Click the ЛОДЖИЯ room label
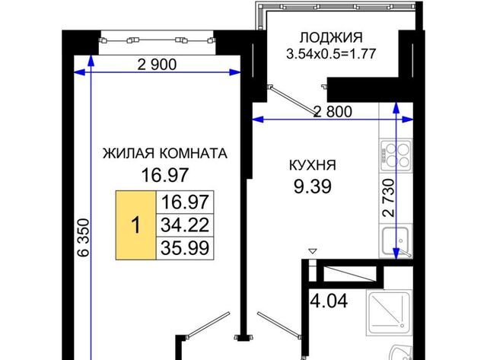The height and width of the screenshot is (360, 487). click(331, 37)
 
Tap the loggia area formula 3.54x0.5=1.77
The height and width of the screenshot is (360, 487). click(331, 53)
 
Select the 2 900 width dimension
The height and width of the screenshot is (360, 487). click(157, 64)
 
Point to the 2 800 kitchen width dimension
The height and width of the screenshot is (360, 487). click(333, 112)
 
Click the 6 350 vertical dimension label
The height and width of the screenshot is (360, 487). click(84, 237)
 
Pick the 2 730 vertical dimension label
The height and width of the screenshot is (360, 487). click(389, 198)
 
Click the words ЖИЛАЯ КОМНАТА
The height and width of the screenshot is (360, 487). click(165, 154)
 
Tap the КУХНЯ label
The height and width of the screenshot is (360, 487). click(313, 165)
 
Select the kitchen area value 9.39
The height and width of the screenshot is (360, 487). click(313, 186)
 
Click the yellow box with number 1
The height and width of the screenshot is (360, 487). click(135, 225)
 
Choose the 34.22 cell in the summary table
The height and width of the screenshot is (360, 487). click(185, 225)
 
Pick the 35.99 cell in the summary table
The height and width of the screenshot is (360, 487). click(185, 248)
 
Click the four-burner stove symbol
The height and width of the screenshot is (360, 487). click(396, 155)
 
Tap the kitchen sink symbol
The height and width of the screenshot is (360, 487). click(396, 241)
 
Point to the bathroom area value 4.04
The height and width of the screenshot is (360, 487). click(329, 301)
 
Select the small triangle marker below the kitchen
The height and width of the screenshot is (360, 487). click(313, 250)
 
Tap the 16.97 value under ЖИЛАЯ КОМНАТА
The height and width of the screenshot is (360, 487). click(165, 175)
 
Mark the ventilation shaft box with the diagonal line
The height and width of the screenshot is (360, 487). click(350, 274)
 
